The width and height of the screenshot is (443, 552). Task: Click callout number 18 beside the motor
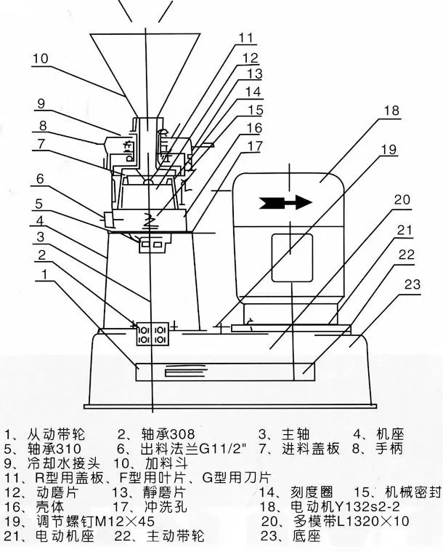coord(392,111)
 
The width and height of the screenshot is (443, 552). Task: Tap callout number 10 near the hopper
coord(40,57)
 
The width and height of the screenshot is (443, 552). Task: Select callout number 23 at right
coord(412,285)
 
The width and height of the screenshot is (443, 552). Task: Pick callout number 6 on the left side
coord(40,178)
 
